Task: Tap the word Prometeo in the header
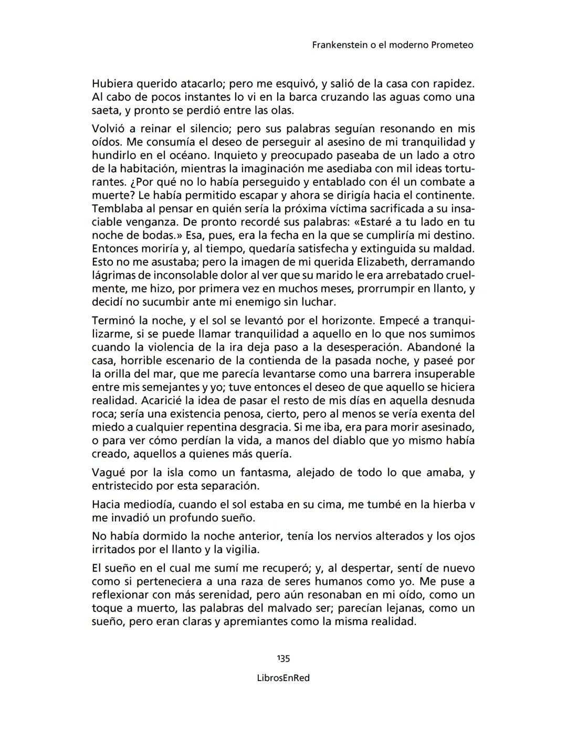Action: click(452, 45)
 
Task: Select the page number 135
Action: click(283, 658)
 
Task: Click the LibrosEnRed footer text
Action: click(283, 678)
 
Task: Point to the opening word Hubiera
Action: click(112, 83)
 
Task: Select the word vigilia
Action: click(241, 550)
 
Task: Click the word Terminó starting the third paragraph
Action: click(113, 320)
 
